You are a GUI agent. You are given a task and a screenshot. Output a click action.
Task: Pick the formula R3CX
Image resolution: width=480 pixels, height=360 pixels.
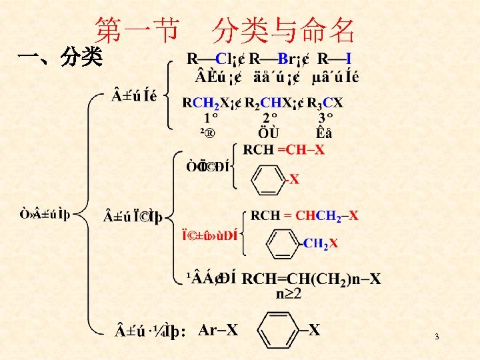pyautogui.click(x=326, y=103)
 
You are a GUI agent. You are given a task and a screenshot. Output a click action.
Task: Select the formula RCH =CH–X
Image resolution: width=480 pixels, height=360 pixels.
pyautogui.click(x=284, y=149)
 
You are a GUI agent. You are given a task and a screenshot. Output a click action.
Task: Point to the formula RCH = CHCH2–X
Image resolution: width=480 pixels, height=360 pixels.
pyautogui.click(x=304, y=215)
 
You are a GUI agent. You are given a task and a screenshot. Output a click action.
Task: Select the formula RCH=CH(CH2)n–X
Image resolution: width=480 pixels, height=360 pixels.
pyautogui.click(x=311, y=279)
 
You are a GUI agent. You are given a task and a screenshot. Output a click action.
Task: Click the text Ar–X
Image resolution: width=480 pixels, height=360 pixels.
pyautogui.click(x=218, y=329)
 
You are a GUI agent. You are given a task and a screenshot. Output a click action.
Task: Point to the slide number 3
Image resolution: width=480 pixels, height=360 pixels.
pyautogui.click(x=437, y=337)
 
